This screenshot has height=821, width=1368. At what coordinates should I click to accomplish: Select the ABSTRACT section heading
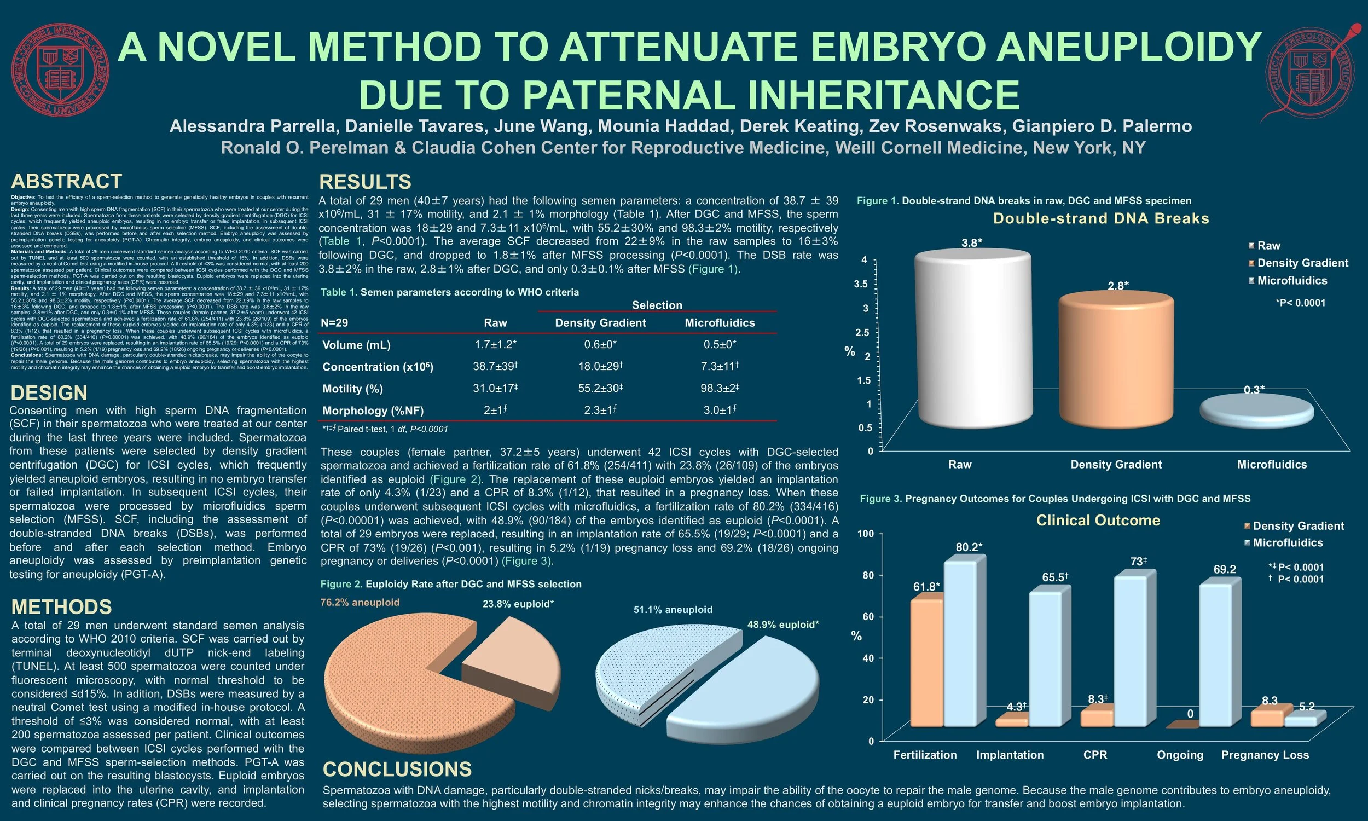tap(66, 181)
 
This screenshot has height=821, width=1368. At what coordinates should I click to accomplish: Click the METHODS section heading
tap(61, 607)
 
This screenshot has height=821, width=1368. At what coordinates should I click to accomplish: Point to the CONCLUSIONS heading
tap(397, 769)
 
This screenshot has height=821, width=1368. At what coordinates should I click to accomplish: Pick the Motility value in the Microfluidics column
tap(720, 389)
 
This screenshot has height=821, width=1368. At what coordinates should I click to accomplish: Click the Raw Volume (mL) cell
tap(495, 345)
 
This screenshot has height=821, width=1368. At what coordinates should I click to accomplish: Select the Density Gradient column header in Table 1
tap(600, 322)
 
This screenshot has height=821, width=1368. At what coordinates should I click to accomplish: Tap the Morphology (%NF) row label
tap(373, 410)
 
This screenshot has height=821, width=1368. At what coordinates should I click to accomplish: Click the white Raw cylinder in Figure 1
tap(973, 338)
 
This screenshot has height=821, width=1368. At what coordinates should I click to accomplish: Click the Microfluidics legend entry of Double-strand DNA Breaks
tap(1292, 280)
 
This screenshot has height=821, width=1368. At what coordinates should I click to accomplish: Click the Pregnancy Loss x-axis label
tap(1265, 755)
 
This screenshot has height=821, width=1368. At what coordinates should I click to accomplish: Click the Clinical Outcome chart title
tap(1098, 521)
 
